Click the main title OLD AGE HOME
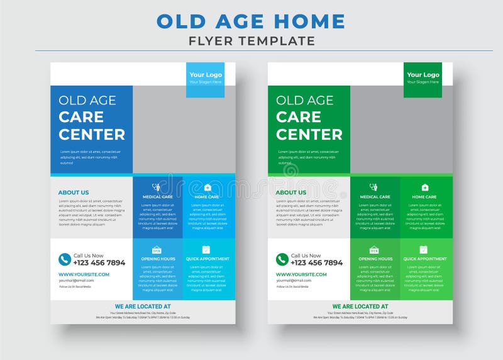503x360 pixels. (251, 21)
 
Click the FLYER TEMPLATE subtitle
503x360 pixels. (251, 42)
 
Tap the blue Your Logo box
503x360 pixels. (206, 78)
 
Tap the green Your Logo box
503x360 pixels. (423, 78)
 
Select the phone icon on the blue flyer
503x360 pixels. (65, 259)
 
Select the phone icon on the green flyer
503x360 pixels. (282, 259)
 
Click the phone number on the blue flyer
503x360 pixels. (99, 263)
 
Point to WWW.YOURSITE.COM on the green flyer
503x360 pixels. (301, 274)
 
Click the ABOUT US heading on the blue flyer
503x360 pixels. (74, 193)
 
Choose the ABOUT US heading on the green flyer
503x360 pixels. (291, 193)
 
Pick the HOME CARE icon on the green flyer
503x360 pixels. (424, 187)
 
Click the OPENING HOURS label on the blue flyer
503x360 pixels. (157, 259)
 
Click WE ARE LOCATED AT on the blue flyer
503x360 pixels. (143, 307)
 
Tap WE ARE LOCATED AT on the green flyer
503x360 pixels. (360, 307)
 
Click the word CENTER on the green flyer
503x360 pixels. (309, 134)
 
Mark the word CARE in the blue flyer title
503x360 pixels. (81, 117)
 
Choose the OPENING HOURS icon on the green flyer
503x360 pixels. (374, 250)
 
